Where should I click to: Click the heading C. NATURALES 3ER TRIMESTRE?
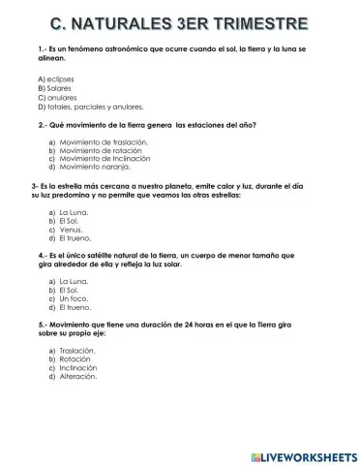[x=179, y=21]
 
